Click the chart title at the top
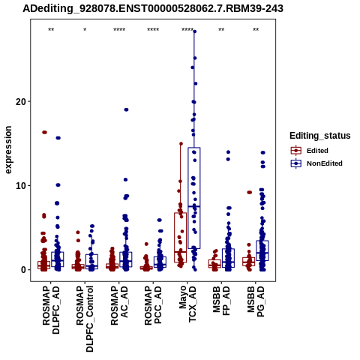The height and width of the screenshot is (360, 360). coord(153,8)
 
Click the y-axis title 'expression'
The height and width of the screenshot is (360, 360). coord(8,150)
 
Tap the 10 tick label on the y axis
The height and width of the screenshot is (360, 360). coord(20,185)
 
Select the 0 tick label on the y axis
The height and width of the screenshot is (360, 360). coord(23,270)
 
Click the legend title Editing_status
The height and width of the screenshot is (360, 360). coord(320,136)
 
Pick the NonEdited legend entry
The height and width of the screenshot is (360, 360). coord(316,163)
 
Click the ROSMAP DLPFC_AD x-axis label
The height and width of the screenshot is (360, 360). coord(51,310)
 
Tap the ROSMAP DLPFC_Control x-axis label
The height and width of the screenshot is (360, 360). coord(85,319)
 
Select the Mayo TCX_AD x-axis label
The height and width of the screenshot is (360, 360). coord(187,304)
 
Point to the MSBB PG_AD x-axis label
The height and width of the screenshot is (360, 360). coord(256,301)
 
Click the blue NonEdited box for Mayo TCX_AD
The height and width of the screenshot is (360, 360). coord(194,198)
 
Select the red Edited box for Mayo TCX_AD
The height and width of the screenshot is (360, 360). coord(180,238)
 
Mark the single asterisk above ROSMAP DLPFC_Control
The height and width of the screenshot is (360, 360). coord(85,30)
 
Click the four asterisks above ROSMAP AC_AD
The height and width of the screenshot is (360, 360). coord(119,30)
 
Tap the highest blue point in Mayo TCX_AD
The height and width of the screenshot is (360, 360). coord(195,31)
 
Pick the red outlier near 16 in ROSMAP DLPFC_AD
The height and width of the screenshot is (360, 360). coord(44,132)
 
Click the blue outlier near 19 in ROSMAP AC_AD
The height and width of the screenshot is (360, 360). coord(126,109)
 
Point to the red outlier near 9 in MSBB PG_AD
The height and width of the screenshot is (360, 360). coord(250,192)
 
